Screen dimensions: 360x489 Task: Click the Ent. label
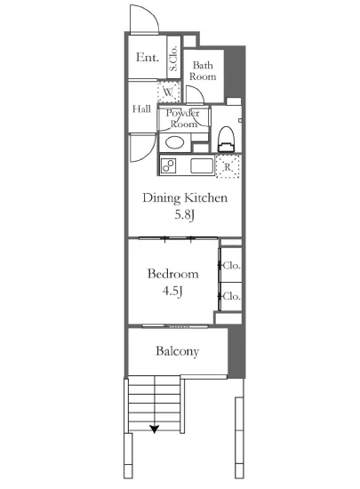(x=148, y=57)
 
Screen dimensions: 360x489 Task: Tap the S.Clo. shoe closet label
(x=173, y=58)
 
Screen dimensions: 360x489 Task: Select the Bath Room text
(x=203, y=71)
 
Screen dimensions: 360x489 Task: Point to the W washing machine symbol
(x=169, y=92)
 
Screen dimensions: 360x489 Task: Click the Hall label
(x=141, y=108)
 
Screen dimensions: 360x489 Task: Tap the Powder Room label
(x=183, y=118)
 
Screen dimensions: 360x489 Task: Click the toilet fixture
(x=227, y=139)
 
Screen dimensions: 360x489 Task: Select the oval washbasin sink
(x=174, y=143)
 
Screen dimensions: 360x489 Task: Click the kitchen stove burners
(x=169, y=165)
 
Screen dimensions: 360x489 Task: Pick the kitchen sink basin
(x=202, y=165)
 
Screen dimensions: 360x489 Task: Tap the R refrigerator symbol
(x=228, y=166)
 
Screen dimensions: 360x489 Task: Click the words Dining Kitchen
(x=185, y=198)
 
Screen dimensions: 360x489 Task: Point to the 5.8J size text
(x=185, y=215)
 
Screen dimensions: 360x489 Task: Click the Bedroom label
(x=173, y=274)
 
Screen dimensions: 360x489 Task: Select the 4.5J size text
(x=172, y=291)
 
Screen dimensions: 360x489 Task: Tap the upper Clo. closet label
(x=232, y=266)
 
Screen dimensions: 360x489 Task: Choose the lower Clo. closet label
(x=232, y=296)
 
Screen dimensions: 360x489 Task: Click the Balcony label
(x=178, y=351)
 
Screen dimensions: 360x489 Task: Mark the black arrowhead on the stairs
(x=155, y=429)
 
